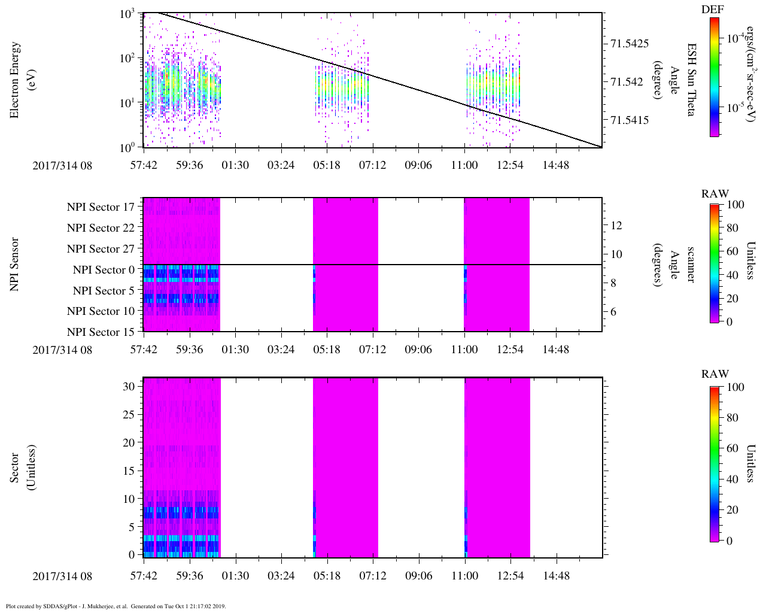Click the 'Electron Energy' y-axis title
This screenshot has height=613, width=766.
point(15,80)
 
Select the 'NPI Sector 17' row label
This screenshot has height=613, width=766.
point(101,207)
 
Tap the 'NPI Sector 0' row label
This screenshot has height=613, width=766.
point(104,270)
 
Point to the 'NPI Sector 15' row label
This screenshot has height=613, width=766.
point(101,332)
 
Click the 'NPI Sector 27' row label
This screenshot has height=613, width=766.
point(101,249)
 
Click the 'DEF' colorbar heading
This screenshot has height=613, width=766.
point(713,10)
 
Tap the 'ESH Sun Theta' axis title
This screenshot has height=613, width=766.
point(691,80)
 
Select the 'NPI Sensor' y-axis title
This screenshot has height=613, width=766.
point(15,265)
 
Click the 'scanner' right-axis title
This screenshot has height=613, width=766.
point(691,265)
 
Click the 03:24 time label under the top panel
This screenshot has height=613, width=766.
point(281,165)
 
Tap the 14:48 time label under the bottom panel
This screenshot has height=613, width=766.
point(556,576)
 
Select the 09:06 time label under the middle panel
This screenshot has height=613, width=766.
point(418,350)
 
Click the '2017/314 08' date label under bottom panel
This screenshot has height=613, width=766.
point(62,576)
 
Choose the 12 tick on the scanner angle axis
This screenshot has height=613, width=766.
point(616,226)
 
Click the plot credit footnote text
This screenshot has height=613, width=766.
point(115,606)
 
